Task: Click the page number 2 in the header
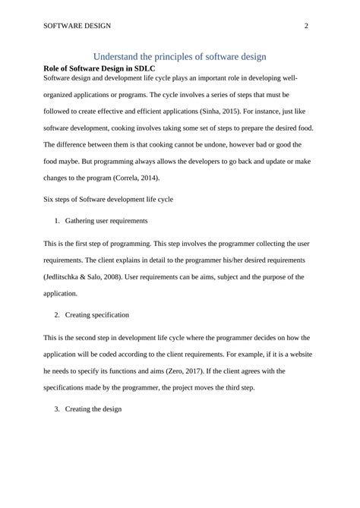click(x=305, y=25)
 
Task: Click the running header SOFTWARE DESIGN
click(x=77, y=25)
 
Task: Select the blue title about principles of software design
click(x=179, y=56)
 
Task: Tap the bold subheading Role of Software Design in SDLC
click(x=99, y=68)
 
